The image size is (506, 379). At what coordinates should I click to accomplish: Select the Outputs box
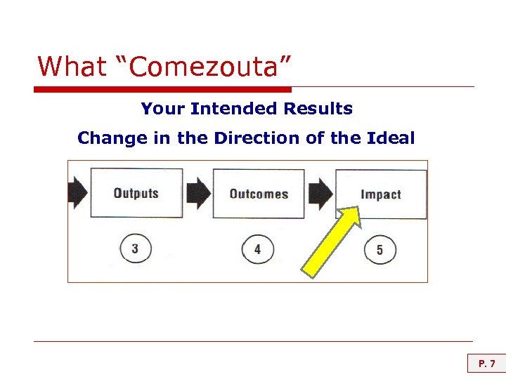tap(136, 193)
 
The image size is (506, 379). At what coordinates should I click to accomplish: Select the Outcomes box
tap(259, 193)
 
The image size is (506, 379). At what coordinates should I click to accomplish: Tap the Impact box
tap(381, 194)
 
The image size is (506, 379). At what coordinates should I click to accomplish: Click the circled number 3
tap(135, 248)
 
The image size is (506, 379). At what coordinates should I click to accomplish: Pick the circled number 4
tap(257, 249)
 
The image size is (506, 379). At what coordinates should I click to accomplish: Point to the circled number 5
tap(379, 250)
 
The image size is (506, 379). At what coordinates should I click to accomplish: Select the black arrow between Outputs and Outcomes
tap(199, 193)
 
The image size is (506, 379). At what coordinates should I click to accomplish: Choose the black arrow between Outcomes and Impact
tap(321, 193)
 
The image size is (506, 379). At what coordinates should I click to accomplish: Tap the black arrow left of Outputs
tap(77, 193)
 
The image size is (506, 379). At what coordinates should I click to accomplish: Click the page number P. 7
tap(487, 364)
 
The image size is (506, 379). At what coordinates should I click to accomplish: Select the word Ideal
tap(391, 138)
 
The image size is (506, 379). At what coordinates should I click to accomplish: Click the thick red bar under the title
tap(162, 89)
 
